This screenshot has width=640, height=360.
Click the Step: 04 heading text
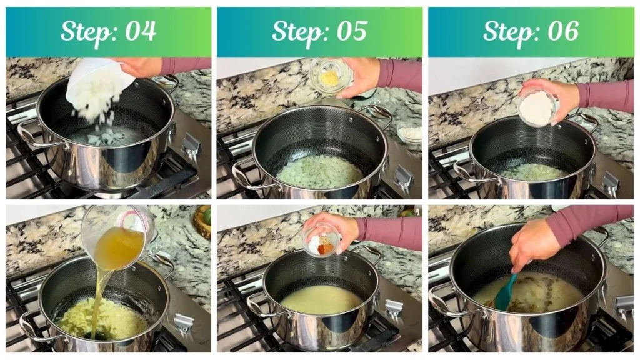click(x=108, y=31)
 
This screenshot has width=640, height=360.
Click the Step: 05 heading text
click(x=319, y=31)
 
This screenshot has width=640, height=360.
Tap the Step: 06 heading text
click(x=531, y=31)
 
